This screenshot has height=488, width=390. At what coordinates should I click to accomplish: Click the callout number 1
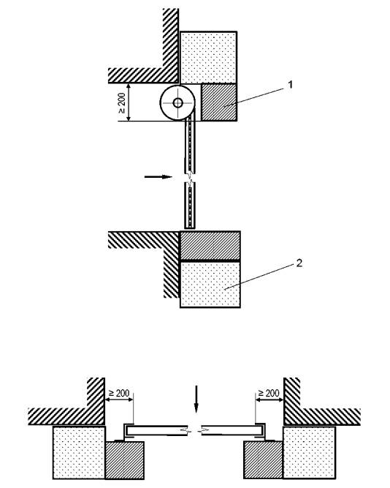(x=290, y=85)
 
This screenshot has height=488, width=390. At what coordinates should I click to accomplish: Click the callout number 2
(x=299, y=263)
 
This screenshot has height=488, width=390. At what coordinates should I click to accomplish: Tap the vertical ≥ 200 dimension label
(x=122, y=103)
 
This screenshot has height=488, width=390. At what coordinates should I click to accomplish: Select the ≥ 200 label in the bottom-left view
(x=119, y=393)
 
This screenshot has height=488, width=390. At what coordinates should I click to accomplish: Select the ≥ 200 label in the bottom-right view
(x=269, y=393)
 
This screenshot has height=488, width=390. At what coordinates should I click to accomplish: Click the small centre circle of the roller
(x=177, y=102)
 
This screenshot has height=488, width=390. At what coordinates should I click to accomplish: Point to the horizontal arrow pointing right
(x=158, y=177)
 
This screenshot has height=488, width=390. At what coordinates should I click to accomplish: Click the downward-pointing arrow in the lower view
(x=196, y=399)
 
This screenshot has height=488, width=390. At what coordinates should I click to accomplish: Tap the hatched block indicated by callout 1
(x=219, y=102)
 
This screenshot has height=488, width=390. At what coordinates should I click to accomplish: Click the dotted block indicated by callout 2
(x=210, y=284)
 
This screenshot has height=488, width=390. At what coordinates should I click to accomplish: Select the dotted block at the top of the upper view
(x=209, y=57)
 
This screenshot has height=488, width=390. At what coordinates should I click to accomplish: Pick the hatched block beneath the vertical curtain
(x=210, y=246)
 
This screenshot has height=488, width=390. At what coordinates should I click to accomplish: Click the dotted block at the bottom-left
(x=80, y=452)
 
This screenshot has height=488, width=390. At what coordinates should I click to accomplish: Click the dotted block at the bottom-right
(x=309, y=452)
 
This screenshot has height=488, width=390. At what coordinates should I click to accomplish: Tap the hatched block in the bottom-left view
(x=125, y=460)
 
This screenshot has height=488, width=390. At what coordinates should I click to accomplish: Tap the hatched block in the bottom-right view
(x=263, y=460)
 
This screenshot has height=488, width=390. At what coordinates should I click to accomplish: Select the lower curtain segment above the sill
(x=190, y=206)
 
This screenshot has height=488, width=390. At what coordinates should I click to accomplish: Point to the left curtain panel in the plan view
(x=156, y=430)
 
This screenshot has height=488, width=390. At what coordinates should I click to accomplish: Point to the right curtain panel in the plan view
(x=233, y=430)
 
